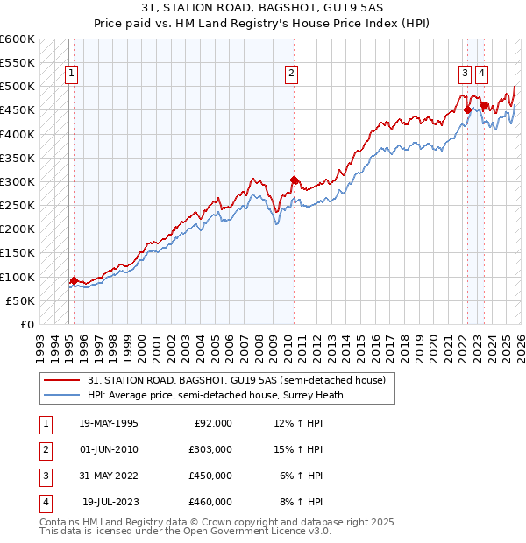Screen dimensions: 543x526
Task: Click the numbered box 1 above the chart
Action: click(x=70, y=74)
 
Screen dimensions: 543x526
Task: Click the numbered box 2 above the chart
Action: click(x=290, y=74)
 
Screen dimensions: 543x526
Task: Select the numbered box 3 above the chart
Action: click(x=465, y=74)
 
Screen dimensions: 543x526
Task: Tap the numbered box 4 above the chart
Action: click(x=482, y=74)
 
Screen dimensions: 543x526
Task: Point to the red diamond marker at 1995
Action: click(x=74, y=280)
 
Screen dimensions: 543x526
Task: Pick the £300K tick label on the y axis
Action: click(x=17, y=182)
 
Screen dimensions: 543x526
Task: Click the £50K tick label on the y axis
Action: click(x=20, y=301)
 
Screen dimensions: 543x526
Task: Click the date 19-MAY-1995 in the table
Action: click(x=109, y=423)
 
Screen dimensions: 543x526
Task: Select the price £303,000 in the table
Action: click(x=210, y=449)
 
